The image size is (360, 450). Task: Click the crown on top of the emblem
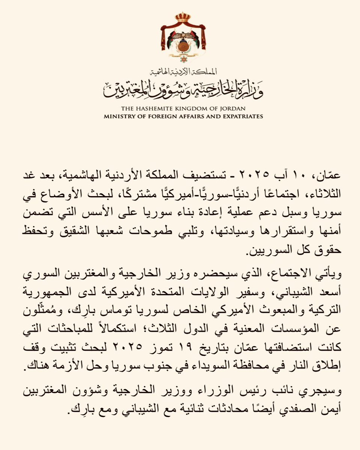183,17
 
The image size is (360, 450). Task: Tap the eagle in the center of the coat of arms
183,37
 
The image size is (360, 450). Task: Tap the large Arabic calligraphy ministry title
183,87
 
